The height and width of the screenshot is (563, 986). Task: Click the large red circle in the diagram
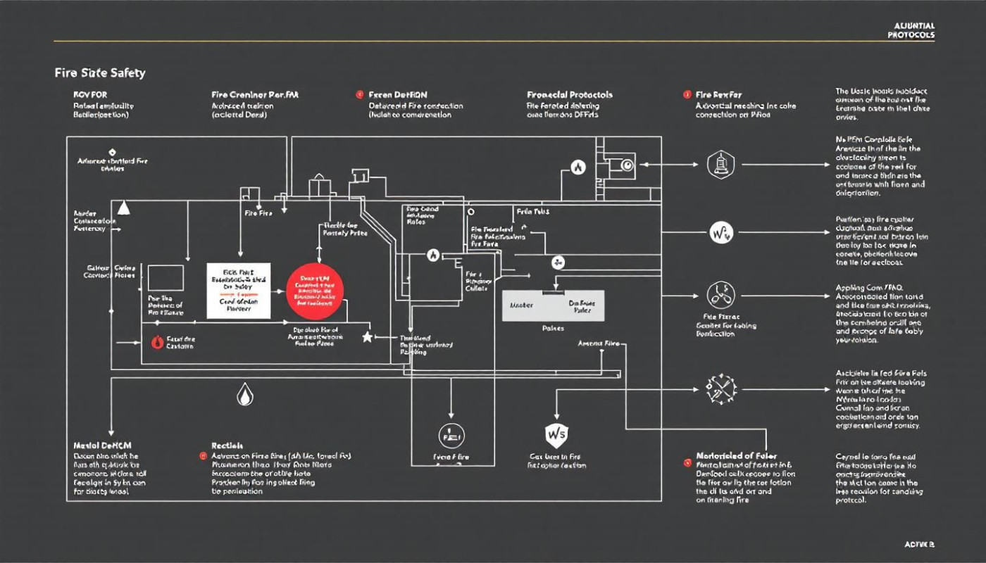tap(315, 293)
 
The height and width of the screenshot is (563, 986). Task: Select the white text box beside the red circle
tap(239, 291)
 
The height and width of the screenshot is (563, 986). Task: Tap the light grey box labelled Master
tap(553, 305)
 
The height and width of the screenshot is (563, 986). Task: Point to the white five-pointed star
tap(366, 337)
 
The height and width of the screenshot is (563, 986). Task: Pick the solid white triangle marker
tap(124, 207)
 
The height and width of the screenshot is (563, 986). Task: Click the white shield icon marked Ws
tap(556, 434)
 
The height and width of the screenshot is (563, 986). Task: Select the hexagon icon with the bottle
tap(720, 165)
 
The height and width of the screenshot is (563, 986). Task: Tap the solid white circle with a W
tap(721, 232)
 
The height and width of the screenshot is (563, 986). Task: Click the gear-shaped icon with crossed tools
tap(720, 388)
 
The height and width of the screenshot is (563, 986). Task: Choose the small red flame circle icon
tap(158, 343)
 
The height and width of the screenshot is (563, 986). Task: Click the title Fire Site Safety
tap(99, 72)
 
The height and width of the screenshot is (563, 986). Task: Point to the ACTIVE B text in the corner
tap(919, 545)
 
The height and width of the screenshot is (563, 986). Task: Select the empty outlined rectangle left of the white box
tap(166, 278)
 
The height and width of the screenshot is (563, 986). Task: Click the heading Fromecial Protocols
tap(569, 94)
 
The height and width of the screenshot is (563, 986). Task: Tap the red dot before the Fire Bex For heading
tap(687, 94)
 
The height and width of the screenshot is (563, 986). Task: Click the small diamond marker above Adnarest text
tap(112, 151)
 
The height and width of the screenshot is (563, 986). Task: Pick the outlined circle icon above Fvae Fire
tap(451, 434)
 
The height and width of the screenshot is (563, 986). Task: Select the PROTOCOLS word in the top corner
tap(911, 34)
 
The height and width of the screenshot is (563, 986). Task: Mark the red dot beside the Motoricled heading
tap(687, 462)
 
